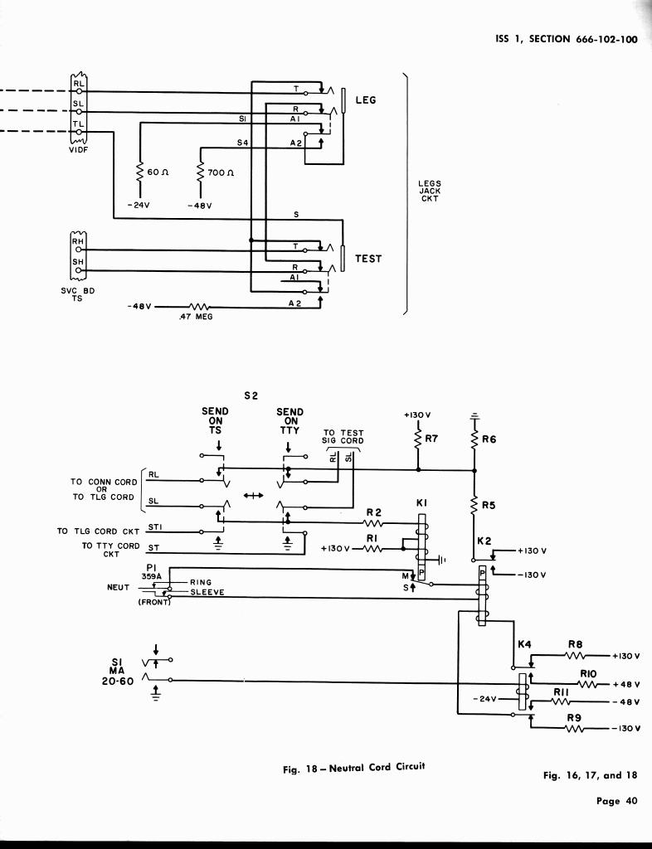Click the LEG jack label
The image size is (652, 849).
(x=366, y=100)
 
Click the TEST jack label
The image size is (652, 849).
(x=368, y=259)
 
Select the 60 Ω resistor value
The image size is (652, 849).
(x=158, y=172)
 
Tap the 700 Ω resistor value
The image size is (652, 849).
(x=221, y=172)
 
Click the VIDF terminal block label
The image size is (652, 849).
(x=78, y=150)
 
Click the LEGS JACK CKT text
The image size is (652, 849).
(x=430, y=192)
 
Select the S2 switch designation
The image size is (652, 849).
(x=251, y=395)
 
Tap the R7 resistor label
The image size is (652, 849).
(x=430, y=439)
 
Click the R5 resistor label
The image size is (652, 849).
(x=489, y=503)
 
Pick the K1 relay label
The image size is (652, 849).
(x=421, y=503)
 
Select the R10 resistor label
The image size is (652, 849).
(x=588, y=674)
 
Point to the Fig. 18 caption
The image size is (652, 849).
(x=353, y=768)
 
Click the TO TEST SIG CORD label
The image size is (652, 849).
(x=343, y=436)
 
